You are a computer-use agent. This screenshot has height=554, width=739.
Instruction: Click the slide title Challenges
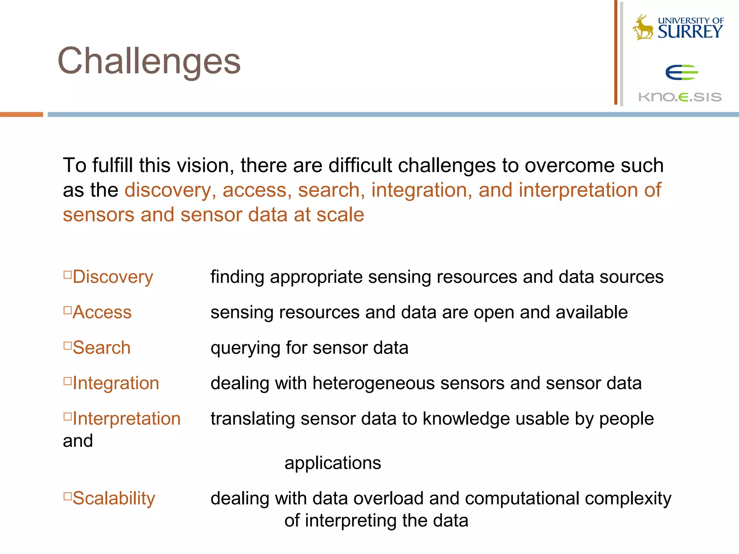point(149,61)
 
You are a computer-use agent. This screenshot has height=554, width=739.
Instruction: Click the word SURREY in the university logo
point(690,32)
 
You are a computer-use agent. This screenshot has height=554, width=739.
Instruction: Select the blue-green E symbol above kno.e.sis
point(681,72)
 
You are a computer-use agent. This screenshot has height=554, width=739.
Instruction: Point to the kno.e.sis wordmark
point(680,97)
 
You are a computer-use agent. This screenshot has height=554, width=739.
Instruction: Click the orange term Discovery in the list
point(113,277)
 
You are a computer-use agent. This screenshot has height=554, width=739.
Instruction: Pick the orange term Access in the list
point(102,312)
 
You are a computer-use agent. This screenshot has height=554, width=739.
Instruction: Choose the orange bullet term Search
point(101,348)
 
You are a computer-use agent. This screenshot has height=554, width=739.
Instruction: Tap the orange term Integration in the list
point(115,383)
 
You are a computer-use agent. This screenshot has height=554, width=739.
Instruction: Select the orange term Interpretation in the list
point(126,419)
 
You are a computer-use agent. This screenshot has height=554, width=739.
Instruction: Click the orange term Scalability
point(114,498)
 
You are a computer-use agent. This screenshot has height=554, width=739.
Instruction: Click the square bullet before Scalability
point(67,496)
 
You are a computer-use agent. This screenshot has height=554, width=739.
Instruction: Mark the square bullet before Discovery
point(67,275)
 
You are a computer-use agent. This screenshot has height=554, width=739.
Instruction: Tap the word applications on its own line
point(332,463)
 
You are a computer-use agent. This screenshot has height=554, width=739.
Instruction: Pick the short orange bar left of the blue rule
point(21,114)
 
